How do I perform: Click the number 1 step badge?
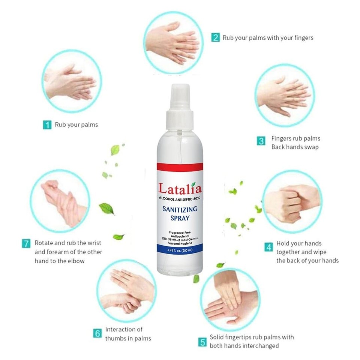47,125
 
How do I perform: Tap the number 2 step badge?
215,37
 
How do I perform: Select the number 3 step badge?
261,141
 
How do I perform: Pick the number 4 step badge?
268,247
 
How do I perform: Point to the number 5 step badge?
202,342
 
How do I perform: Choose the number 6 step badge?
97,333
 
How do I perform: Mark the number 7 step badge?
26,243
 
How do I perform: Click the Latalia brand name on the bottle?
180,188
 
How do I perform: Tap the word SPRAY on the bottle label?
180,217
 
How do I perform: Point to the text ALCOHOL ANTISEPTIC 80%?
180,198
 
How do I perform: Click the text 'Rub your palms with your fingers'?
268,37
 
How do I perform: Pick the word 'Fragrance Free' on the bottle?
180,232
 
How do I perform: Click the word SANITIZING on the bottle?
180,209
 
